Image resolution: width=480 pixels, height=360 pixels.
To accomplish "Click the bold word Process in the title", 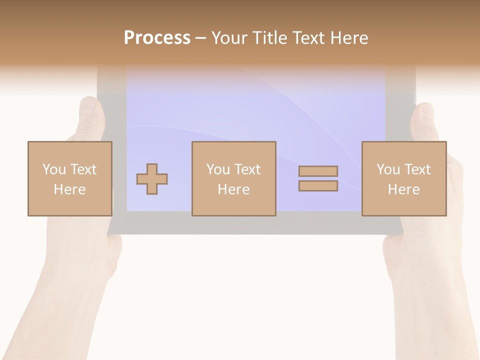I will (157, 38).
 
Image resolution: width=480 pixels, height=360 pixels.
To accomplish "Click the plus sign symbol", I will (152, 179).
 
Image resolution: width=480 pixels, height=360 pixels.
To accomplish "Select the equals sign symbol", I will (318, 178).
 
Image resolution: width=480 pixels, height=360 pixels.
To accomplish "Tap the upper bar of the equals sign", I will (318, 171).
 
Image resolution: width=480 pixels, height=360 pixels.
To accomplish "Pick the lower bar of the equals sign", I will (318, 186).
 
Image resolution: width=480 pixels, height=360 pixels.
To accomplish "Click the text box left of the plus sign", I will (70, 178).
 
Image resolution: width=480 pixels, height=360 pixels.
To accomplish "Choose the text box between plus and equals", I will (234, 178).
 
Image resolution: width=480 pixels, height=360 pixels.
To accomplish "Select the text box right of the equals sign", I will (404, 178).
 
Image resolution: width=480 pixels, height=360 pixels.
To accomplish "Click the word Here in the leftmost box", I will (70, 189).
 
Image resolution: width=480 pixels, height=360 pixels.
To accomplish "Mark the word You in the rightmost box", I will (388, 169).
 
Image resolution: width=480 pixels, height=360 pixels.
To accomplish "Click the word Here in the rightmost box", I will (404, 189).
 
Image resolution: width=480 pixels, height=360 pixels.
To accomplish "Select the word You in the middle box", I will (218, 169).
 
